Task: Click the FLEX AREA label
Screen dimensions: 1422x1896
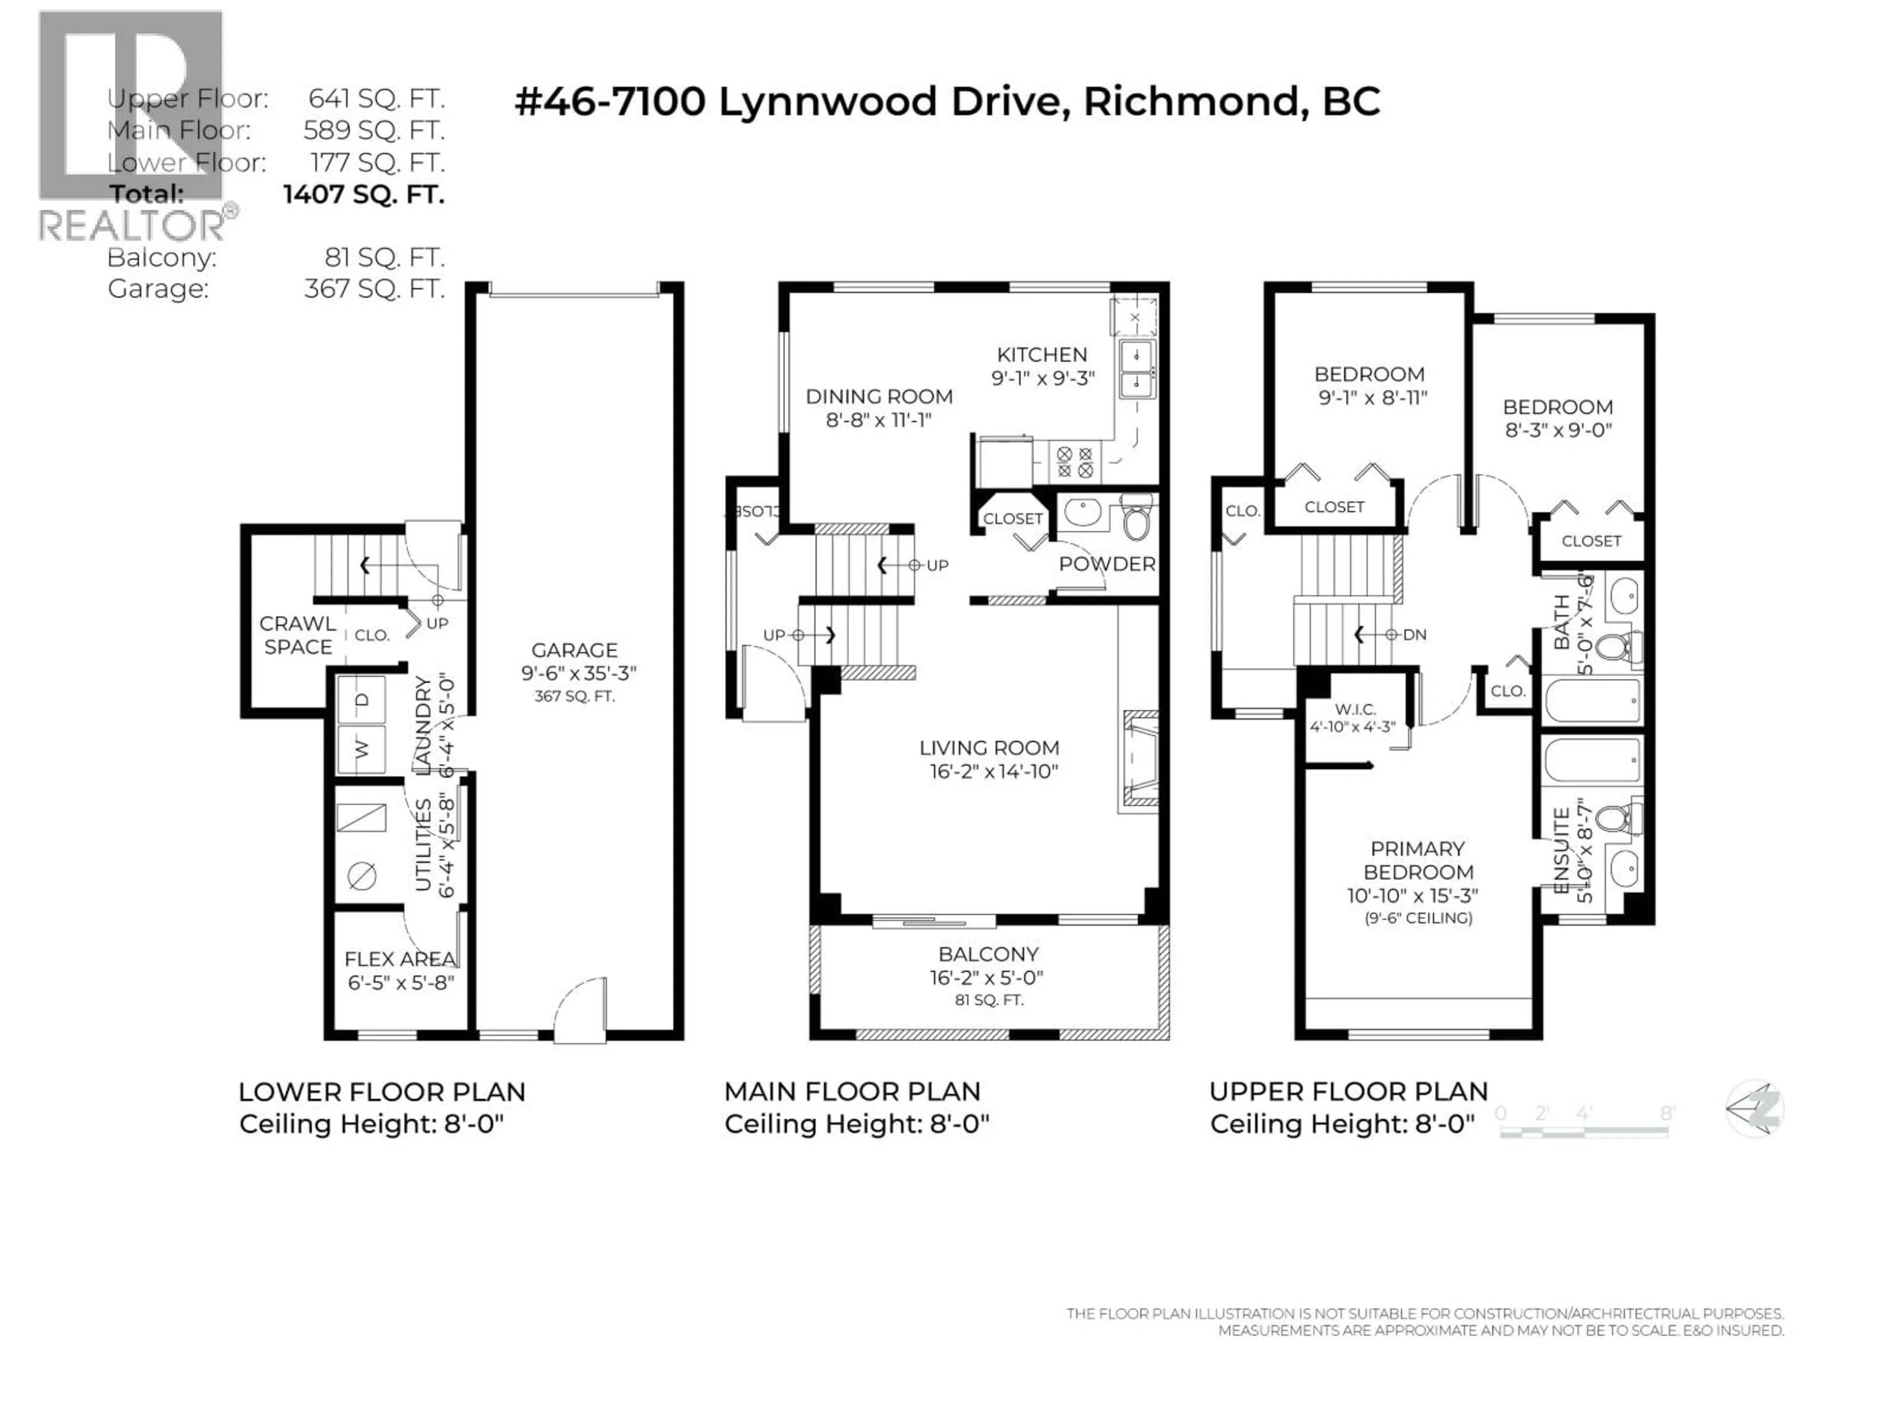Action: pos(399,959)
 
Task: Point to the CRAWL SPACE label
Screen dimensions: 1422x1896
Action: pos(297,635)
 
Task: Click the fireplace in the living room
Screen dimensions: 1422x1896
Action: pos(1139,760)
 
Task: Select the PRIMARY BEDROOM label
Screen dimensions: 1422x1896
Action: pos(1418,860)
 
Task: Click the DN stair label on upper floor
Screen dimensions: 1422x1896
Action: pos(1414,634)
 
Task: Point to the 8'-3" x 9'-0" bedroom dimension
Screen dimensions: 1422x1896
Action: pos(1558,430)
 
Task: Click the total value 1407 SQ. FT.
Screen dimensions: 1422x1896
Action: pos(363,195)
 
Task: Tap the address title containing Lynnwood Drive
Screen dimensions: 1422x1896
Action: pos(947,102)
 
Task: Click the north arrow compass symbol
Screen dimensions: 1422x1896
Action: pos(1755,1108)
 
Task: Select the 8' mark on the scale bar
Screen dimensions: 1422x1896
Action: pos(1666,1113)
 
